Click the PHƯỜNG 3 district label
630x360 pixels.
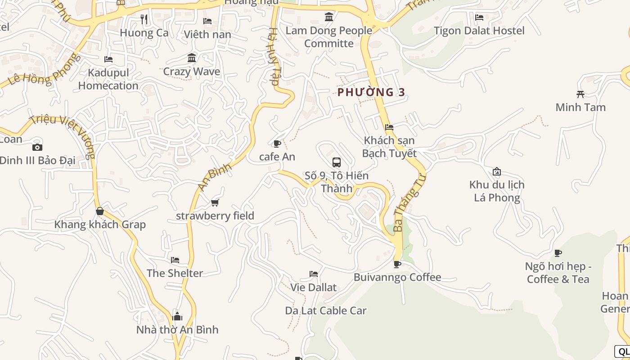371,92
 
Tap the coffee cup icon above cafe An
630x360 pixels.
277,144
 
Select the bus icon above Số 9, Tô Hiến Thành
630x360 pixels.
336,162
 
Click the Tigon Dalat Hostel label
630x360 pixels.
479,31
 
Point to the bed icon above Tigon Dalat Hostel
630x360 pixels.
479,18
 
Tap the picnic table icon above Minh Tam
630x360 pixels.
580,94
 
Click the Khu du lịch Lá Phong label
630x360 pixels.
497,191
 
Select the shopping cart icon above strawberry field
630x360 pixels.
215,203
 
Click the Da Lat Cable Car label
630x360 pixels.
326,310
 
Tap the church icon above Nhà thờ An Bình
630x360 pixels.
177,316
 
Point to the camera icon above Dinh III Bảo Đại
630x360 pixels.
37,147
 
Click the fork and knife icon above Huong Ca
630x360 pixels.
144,19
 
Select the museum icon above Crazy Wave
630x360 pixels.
192,58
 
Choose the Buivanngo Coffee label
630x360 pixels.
397,277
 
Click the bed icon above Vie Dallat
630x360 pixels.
314,274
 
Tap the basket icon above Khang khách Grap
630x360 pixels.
100,211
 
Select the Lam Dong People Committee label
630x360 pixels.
329,37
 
